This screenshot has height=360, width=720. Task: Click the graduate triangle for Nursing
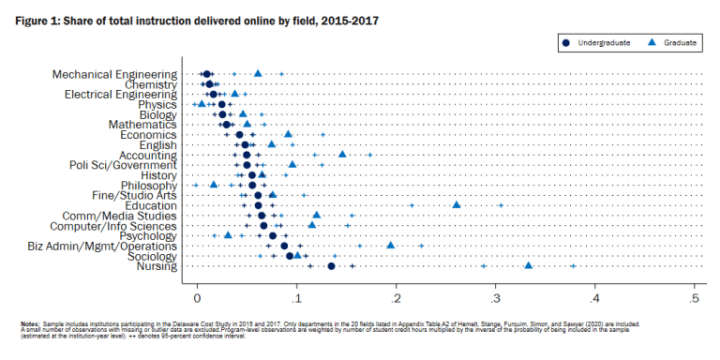click(x=529, y=266)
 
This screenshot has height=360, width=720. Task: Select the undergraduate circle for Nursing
click(x=332, y=266)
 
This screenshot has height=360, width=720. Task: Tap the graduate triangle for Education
click(x=457, y=204)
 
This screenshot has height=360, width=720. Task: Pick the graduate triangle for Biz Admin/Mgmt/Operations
click(x=391, y=246)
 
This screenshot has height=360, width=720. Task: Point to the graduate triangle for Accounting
click(x=342, y=154)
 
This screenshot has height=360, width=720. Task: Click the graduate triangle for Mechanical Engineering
click(x=258, y=73)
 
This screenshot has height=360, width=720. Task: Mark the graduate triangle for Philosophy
click(x=214, y=185)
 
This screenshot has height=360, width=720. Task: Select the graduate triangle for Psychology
click(x=228, y=235)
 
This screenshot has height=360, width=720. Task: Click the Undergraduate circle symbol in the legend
click(x=566, y=42)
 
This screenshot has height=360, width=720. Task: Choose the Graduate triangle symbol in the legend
click(x=651, y=42)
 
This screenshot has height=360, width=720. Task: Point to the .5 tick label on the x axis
click(x=694, y=298)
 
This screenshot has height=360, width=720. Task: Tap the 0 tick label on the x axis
click(x=197, y=298)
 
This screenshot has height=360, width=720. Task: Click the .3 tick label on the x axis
click(x=495, y=298)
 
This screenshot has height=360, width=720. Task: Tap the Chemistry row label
click(x=150, y=84)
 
